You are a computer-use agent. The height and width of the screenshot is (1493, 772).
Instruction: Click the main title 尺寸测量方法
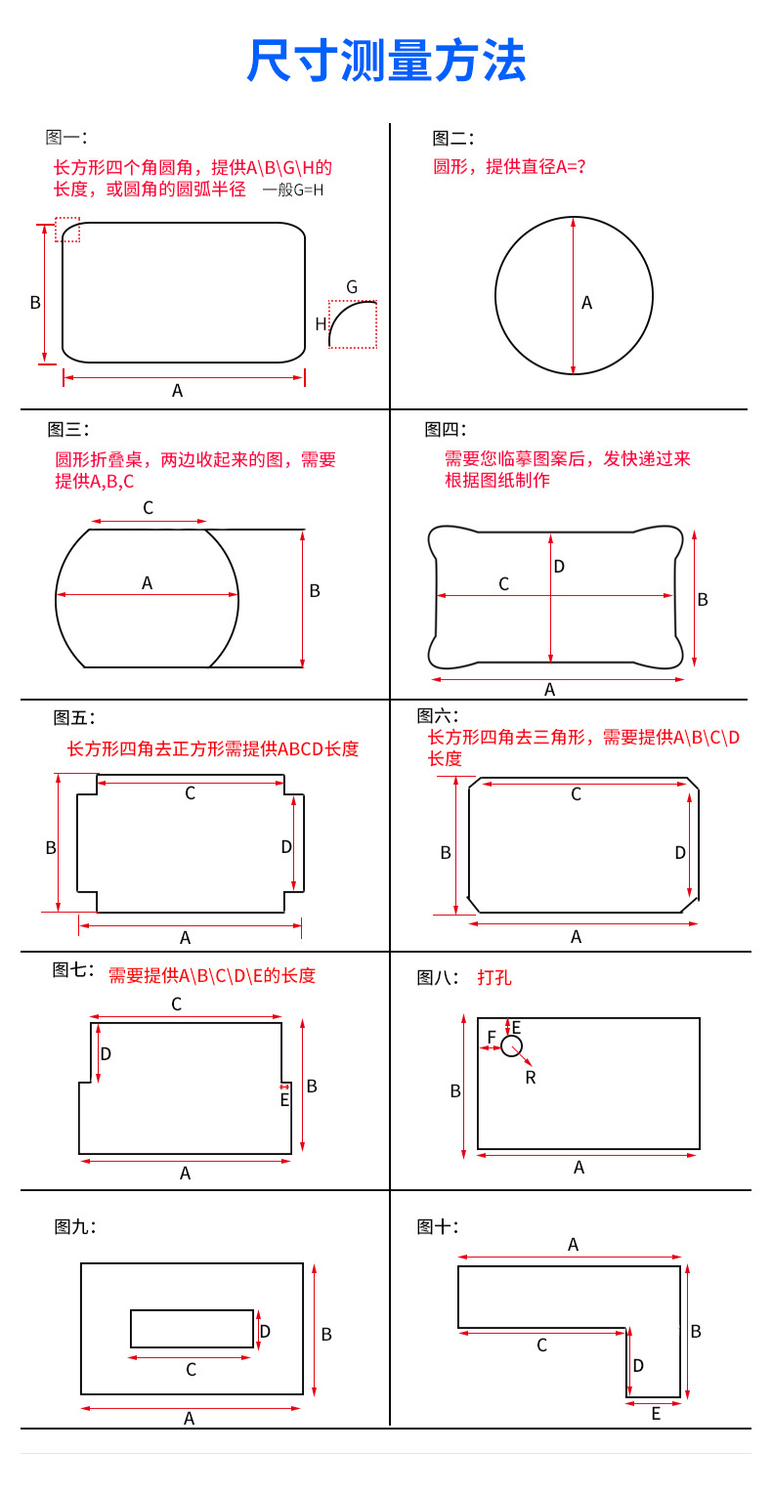[x=386, y=61]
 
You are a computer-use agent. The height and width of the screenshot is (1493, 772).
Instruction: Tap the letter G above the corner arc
[x=352, y=287]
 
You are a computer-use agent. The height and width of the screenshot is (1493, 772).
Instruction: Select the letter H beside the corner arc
[x=321, y=324]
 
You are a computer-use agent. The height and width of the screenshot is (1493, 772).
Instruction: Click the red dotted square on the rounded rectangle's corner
[x=67, y=229]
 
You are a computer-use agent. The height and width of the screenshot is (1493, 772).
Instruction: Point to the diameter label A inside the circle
[x=587, y=303]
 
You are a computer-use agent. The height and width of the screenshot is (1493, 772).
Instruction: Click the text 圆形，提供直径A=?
[x=509, y=166]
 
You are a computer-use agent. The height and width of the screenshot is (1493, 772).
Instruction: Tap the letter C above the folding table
[x=149, y=508]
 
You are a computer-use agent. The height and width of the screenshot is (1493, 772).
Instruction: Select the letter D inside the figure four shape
[x=559, y=567]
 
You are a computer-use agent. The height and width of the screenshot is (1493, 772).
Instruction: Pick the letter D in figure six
[x=680, y=853]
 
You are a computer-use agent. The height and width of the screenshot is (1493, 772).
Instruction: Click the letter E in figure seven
[x=284, y=1100]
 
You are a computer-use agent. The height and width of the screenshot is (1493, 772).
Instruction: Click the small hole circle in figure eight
[x=511, y=1046]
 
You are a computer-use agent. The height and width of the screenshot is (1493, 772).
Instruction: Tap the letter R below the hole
[x=531, y=1078]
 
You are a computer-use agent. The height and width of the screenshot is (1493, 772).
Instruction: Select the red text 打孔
[x=494, y=977]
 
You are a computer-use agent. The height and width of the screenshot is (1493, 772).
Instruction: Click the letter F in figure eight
[x=492, y=1037]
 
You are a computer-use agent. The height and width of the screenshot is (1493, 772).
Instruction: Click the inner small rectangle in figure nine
[x=192, y=1329]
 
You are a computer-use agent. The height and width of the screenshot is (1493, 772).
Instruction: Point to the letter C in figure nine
[x=192, y=1370]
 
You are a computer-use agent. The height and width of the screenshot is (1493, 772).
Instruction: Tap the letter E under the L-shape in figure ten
[x=656, y=1414]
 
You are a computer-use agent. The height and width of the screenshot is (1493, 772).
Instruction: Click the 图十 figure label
[x=437, y=1226]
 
